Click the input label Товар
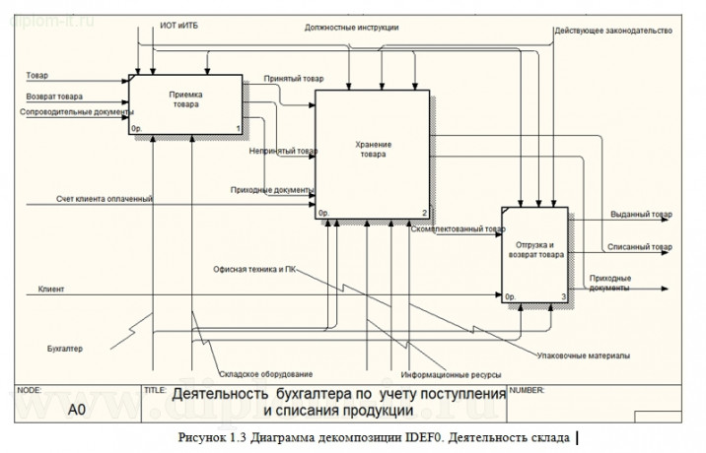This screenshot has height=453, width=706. (x=37, y=75)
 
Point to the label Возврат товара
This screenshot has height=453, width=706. (x=54, y=97)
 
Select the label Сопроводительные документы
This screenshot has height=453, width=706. (x=76, y=112)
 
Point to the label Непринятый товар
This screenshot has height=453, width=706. (x=283, y=152)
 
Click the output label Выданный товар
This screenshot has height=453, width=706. (x=641, y=215)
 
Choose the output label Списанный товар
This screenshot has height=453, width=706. (x=641, y=247)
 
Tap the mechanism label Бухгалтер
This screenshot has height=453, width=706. (x=65, y=349)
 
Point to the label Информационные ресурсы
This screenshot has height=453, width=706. (x=450, y=375)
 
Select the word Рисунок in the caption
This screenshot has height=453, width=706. (x=203, y=436)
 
